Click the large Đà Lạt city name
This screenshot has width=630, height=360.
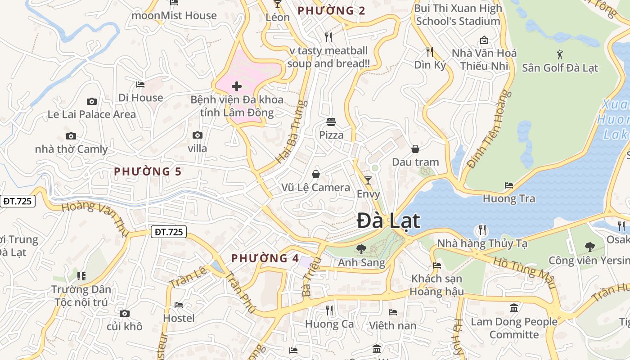[388, 221]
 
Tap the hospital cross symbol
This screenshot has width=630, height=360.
[237, 86]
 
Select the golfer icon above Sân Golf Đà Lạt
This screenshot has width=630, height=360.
[560, 55]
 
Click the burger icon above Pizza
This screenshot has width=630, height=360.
[331, 122]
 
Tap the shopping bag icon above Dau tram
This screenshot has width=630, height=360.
[415, 149]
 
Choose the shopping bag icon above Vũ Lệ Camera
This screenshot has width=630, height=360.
[316, 174]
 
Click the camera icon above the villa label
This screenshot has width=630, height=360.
[197, 135]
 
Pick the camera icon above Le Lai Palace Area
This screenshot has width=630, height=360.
[92, 102]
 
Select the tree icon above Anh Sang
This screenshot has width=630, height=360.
[361, 249]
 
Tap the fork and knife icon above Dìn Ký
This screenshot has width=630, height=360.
[429, 52]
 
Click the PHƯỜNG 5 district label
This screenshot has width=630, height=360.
[148, 171]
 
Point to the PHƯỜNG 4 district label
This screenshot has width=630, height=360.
[265, 258]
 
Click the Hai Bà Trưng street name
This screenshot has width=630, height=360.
[291, 131]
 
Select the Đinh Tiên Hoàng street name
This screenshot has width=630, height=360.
[490, 129]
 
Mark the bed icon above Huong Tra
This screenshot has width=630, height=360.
[509, 185]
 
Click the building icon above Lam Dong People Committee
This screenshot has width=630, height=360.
[514, 308]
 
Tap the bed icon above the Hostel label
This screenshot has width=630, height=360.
[179, 305]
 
